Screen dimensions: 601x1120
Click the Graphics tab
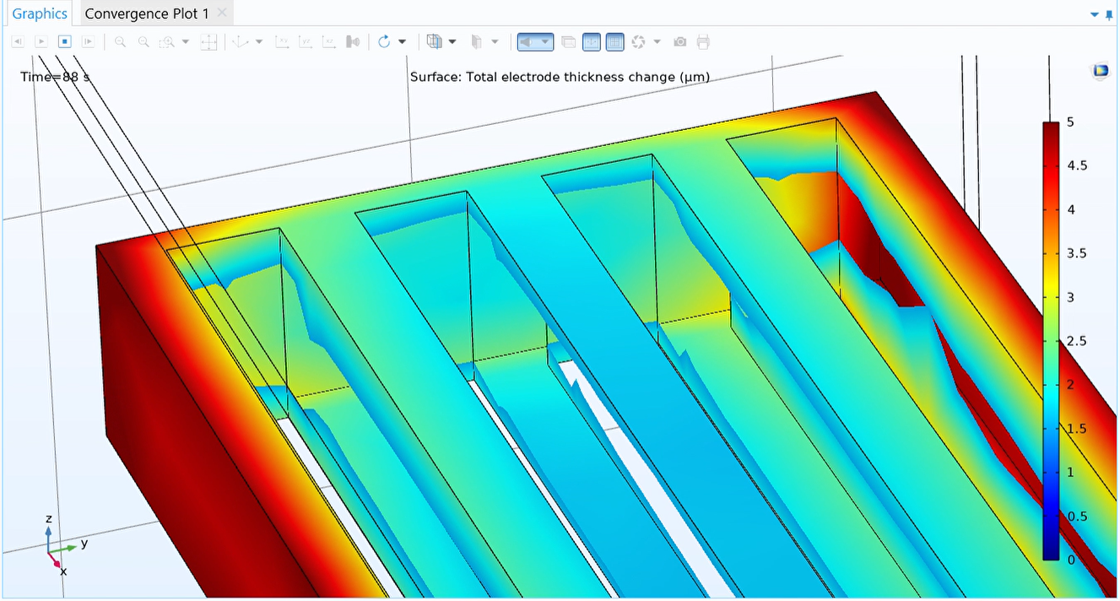[40, 14]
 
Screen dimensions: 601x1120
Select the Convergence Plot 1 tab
[147, 14]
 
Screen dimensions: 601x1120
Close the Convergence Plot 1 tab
[222, 13]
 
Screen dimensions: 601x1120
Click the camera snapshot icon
[680, 41]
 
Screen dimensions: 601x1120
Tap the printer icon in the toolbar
[704, 41]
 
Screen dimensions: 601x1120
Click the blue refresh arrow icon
[385, 41]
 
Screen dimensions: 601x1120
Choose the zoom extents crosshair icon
[208, 41]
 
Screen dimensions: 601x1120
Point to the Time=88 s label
[55, 77]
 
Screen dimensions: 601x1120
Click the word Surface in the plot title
[435, 77]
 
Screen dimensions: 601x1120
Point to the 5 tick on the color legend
[1070, 122]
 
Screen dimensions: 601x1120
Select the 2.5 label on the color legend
[1076, 341]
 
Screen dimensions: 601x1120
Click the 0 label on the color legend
[1070, 560]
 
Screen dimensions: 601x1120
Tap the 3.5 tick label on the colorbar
[1076, 253]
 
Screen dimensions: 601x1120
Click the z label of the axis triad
[49, 518]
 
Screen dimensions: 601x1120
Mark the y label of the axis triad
[84, 543]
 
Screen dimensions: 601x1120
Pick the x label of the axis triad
[63, 571]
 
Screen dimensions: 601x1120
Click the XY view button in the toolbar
[283, 41]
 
